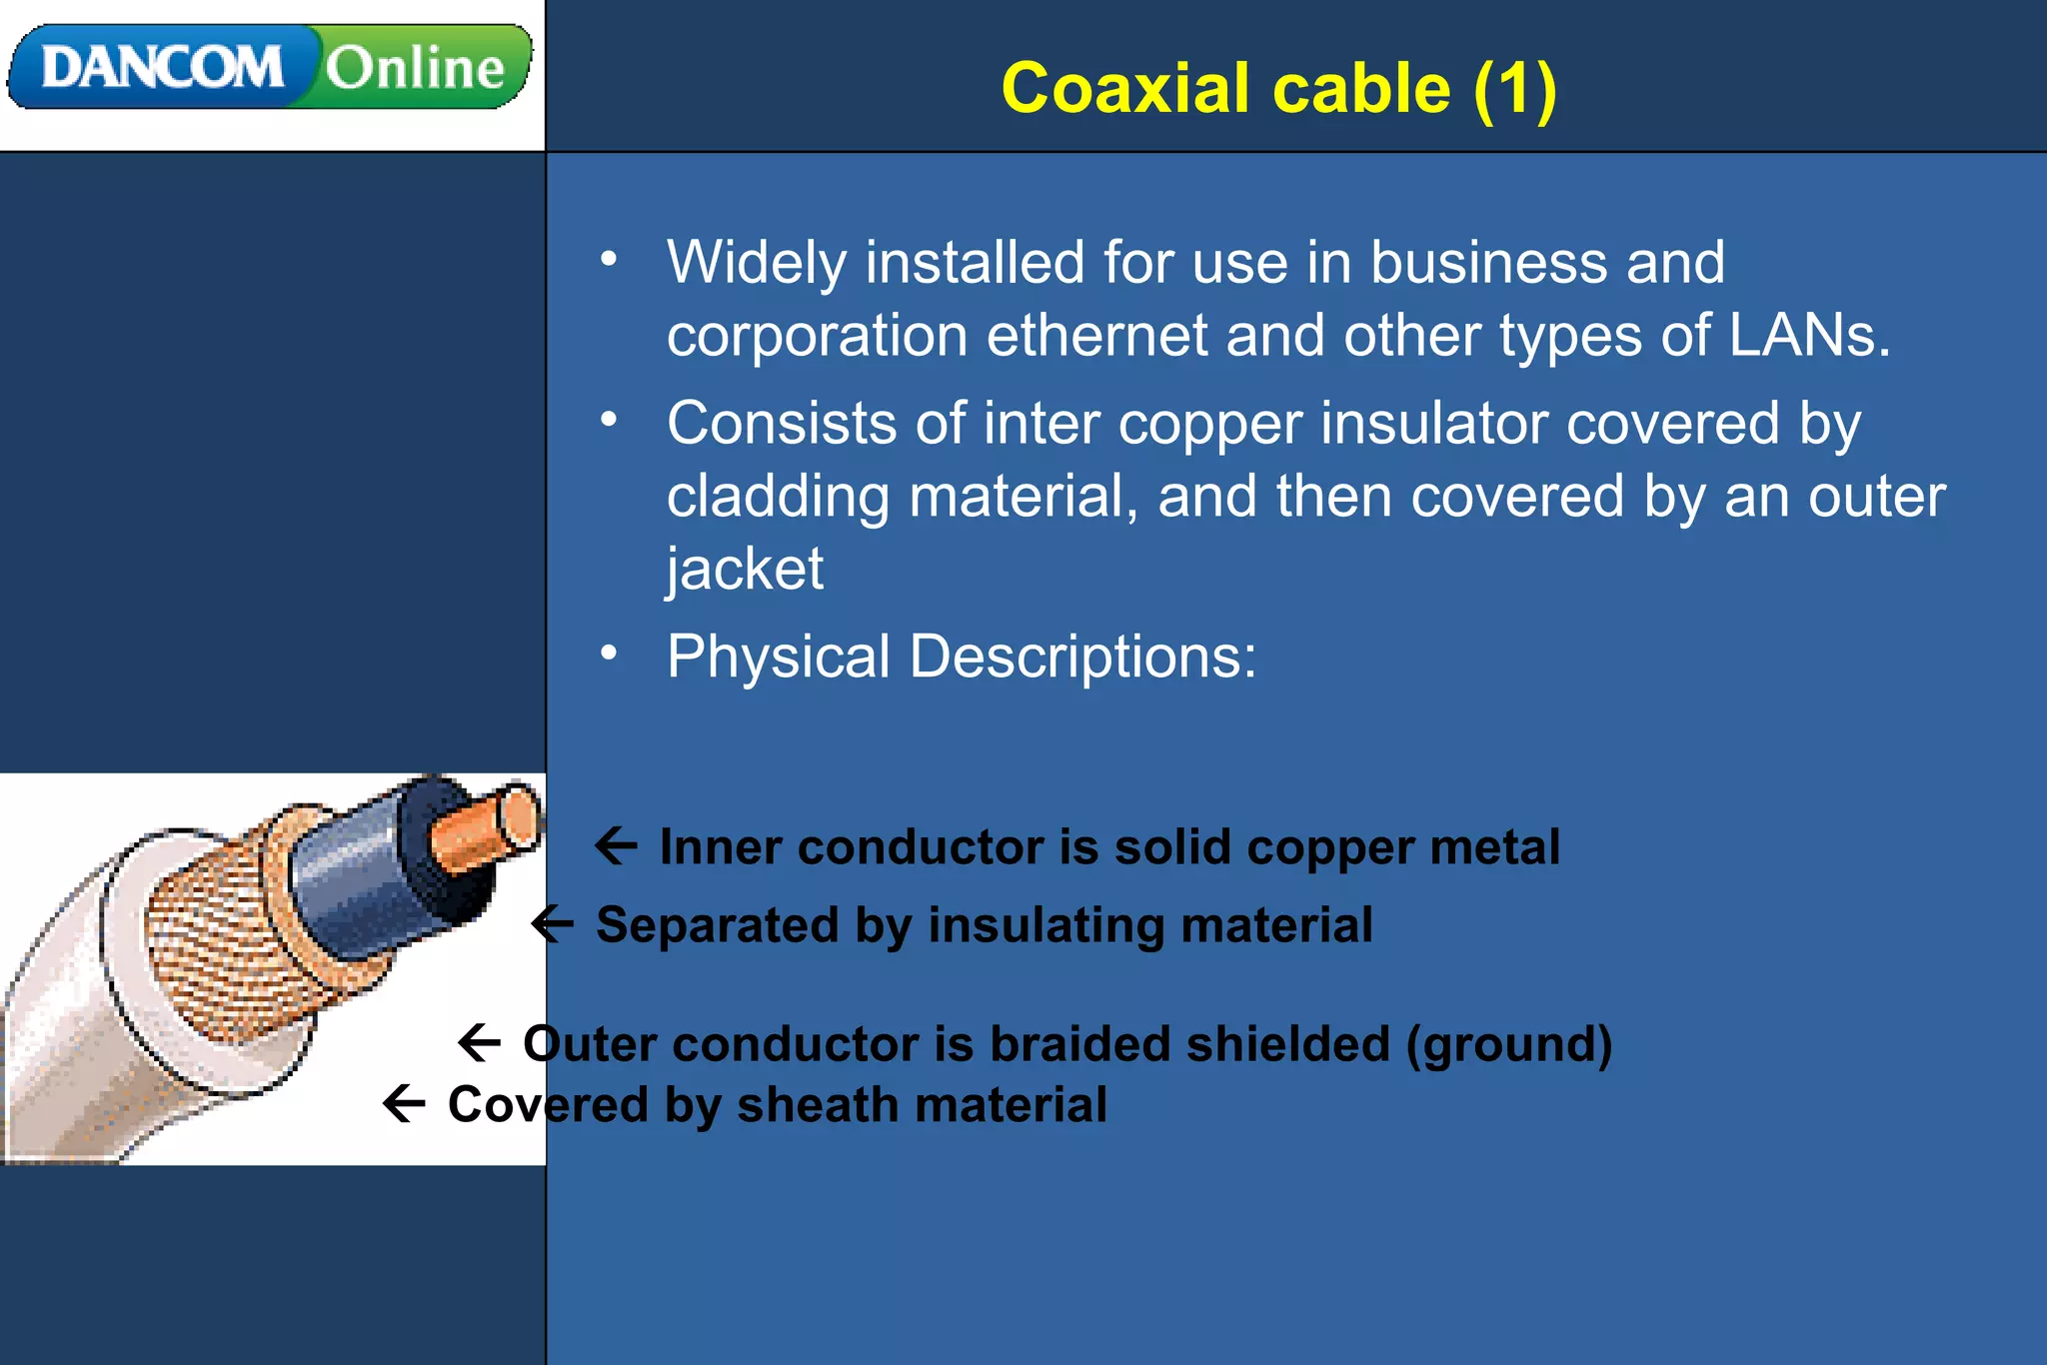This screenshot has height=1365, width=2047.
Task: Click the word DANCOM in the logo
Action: [162, 68]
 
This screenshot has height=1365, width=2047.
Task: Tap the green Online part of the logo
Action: [416, 68]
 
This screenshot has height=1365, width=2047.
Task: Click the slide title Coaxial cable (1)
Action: [1278, 88]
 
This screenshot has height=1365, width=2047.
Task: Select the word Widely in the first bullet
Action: [757, 263]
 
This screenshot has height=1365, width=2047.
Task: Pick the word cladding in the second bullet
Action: [778, 497]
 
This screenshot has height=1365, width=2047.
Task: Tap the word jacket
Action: [745, 569]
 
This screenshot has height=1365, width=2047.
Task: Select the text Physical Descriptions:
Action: [962, 657]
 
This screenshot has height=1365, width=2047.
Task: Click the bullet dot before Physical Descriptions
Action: [609, 654]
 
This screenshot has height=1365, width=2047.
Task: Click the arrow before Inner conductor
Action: [617, 845]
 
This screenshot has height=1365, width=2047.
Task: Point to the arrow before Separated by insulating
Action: [552, 923]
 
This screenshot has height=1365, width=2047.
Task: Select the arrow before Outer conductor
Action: [479, 1042]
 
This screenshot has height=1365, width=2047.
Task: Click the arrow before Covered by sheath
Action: [404, 1103]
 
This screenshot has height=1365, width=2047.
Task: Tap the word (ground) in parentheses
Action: [1509, 1044]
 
